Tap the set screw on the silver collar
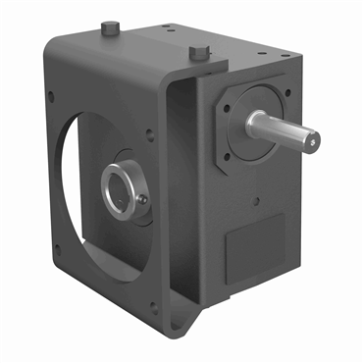(144, 199)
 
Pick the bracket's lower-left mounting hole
(56, 249)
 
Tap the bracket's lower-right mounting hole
(152, 306)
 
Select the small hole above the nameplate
(256, 202)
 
